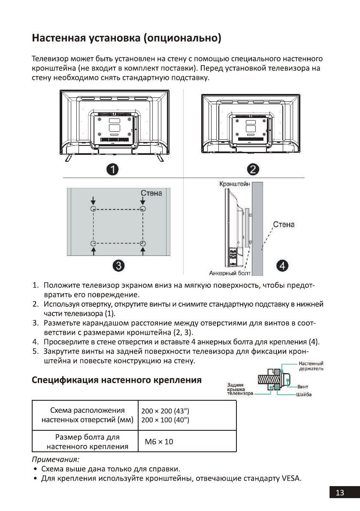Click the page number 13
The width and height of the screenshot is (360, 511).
(x=340, y=493)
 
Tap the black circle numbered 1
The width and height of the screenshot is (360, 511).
(x=113, y=169)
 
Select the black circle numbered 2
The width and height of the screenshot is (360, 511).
(x=253, y=169)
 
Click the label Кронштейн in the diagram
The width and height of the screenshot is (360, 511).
(x=234, y=184)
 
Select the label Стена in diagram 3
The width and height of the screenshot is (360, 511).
(x=151, y=194)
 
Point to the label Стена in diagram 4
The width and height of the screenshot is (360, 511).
(x=284, y=225)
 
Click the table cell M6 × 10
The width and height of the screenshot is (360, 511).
(x=159, y=441)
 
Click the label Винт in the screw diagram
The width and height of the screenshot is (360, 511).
(x=303, y=387)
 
